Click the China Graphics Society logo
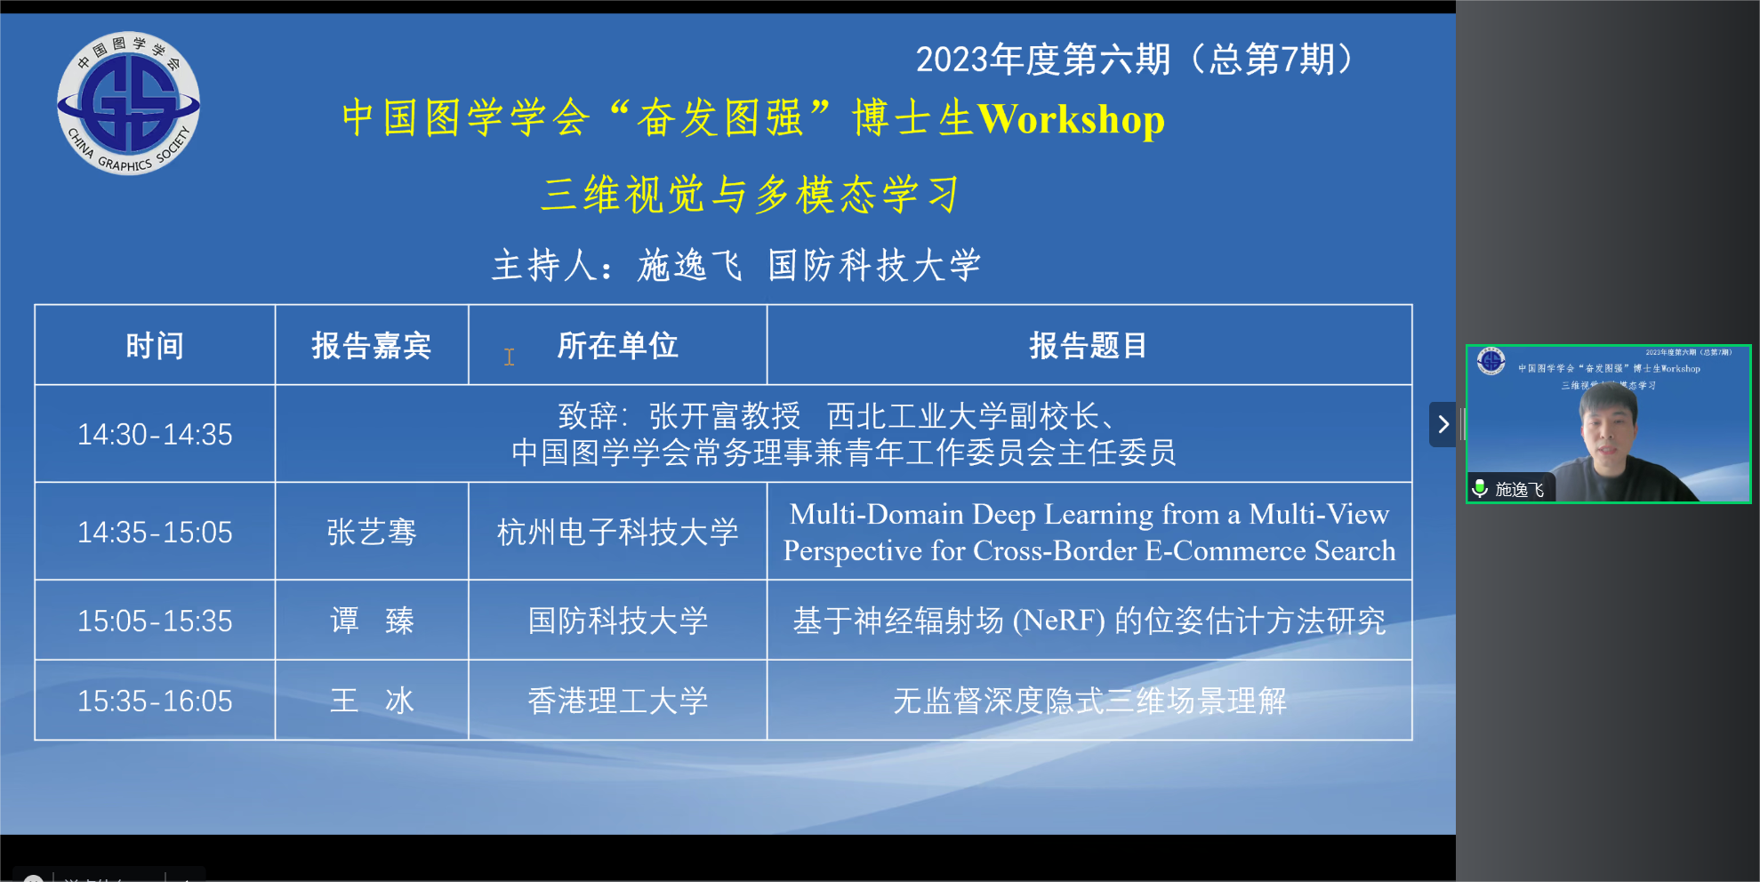129,103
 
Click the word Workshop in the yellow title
1071,120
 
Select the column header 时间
155,346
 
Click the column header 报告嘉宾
372,346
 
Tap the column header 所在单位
618,346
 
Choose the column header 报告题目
1089,346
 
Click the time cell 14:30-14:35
155,434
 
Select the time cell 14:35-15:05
155,532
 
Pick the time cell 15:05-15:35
155,621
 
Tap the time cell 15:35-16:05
155,701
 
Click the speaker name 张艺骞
372,532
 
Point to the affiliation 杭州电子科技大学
618,532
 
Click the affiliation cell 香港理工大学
618,701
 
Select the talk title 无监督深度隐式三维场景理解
1089,701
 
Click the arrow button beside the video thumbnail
1443,425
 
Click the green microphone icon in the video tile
1480,488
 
